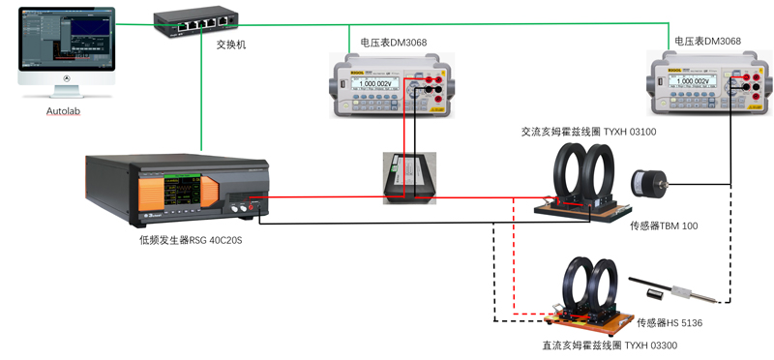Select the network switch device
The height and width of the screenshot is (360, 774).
(196, 20)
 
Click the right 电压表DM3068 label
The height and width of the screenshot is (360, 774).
(707, 42)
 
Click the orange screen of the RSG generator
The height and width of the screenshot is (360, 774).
(184, 191)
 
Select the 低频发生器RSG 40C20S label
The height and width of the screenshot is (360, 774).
(190, 239)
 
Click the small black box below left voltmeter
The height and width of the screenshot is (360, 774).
(409, 178)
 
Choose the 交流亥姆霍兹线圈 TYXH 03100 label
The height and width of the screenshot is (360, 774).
(589, 131)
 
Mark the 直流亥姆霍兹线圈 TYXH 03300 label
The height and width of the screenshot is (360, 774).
(609, 345)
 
